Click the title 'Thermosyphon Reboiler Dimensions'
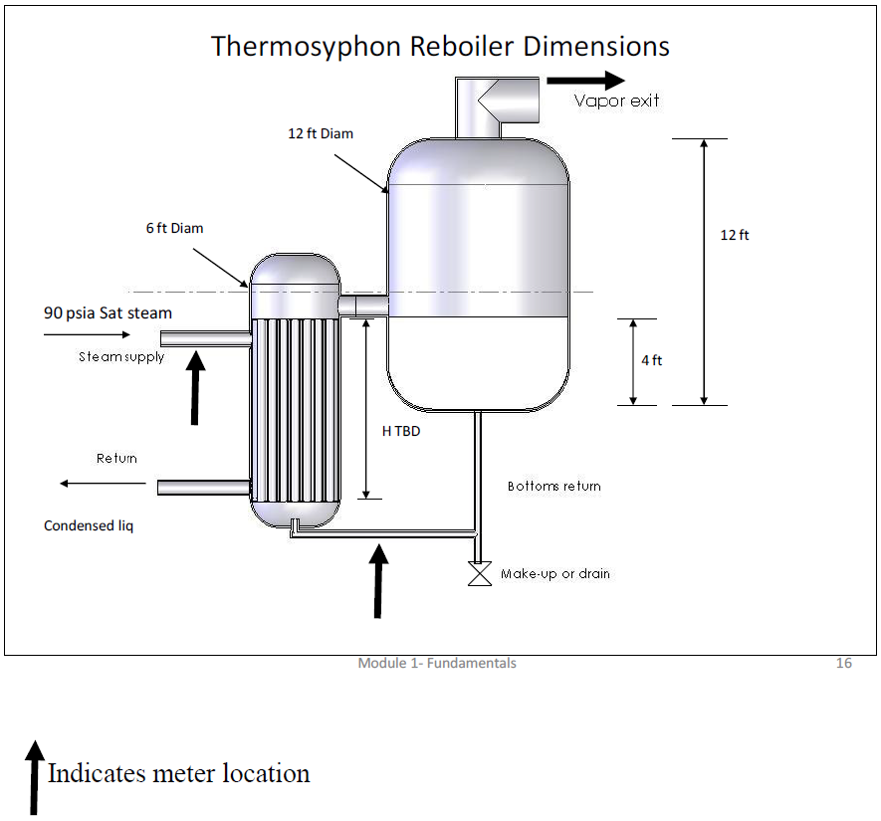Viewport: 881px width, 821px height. point(440,46)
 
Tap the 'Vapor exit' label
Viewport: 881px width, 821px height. point(616,101)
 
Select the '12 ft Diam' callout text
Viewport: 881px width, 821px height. point(321,133)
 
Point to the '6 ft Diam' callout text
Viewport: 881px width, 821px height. point(174,228)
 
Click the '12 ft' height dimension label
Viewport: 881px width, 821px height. point(735,235)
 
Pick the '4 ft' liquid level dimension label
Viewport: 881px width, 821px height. point(651,360)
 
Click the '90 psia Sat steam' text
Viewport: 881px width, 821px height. point(108,312)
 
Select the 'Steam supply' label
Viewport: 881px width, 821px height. point(121,356)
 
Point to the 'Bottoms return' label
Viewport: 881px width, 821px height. point(554,487)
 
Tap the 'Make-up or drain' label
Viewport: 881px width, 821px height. point(555,574)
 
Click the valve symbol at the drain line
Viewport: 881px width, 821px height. point(480,575)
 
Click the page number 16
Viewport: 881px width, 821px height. point(844,664)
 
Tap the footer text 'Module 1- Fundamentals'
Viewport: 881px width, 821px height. point(437,664)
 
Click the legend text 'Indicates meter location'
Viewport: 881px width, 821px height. point(179,773)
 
